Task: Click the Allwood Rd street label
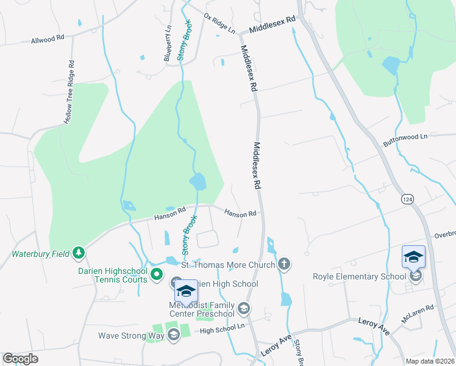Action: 48,40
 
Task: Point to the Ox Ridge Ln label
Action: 219,23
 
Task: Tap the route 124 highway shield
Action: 407,199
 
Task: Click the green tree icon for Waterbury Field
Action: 78,252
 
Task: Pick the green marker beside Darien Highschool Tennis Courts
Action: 157,275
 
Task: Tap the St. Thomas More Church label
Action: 229,265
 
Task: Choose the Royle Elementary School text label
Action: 359,276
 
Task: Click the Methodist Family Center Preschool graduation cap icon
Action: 244,309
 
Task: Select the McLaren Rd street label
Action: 417,314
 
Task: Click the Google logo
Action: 20,358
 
